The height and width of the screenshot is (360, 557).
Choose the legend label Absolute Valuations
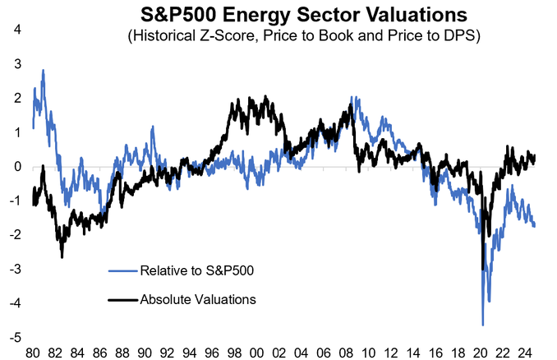coord(198,299)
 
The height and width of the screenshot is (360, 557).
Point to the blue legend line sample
coord(121,270)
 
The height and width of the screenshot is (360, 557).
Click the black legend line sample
coord(121,299)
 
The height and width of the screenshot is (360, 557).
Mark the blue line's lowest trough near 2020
coord(483,325)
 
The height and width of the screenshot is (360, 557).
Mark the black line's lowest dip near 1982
coord(62,257)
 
